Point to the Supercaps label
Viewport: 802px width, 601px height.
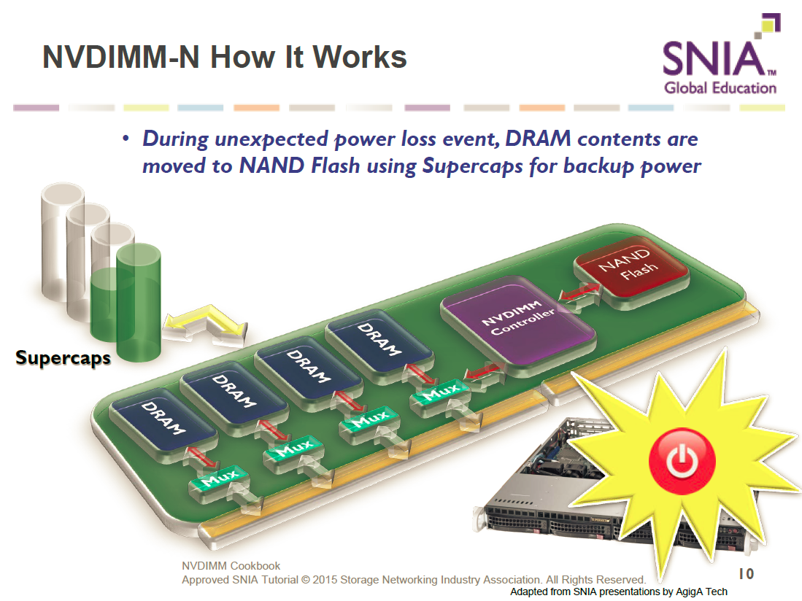(63, 358)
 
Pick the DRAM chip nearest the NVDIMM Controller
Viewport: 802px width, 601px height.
(378, 339)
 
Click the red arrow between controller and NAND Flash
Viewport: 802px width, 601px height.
(579, 294)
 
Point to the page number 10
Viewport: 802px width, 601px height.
(746, 574)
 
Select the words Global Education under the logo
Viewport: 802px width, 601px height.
(720, 88)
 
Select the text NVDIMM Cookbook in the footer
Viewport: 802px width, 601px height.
(231, 566)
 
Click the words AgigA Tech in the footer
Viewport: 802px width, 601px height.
(701, 592)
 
